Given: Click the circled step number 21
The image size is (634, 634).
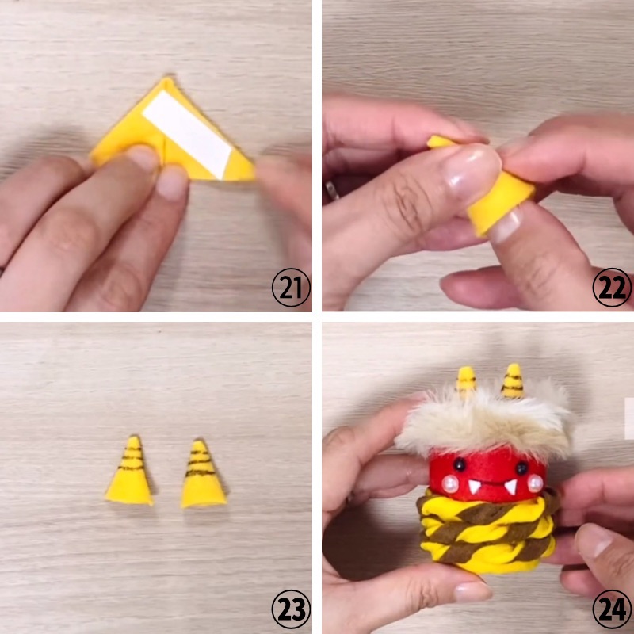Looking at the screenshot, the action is point(291,288).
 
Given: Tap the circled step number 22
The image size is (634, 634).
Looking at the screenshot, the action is point(612,288).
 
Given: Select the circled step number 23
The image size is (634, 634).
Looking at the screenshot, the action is point(291,609).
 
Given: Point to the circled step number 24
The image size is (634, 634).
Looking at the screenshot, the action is point(612,609).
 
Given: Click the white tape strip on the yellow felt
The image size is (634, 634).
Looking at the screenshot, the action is point(187,133).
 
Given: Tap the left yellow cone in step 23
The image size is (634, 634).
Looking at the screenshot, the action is point(129,471).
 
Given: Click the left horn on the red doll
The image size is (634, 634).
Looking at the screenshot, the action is point(466,381).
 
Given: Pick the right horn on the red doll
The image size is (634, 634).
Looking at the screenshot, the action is point(513,380).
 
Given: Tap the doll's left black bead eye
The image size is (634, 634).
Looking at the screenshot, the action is point(460,464).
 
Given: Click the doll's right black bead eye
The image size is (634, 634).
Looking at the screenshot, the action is point(521,468).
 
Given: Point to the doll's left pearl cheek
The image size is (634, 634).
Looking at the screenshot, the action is point(450,483).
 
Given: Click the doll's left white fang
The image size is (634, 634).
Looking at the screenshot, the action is point(474,486).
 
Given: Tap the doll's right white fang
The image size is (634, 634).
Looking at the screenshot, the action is point(511,487).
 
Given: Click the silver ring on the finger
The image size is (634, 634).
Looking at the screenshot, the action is point(331,190).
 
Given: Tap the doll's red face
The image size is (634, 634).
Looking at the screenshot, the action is point(487,475).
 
